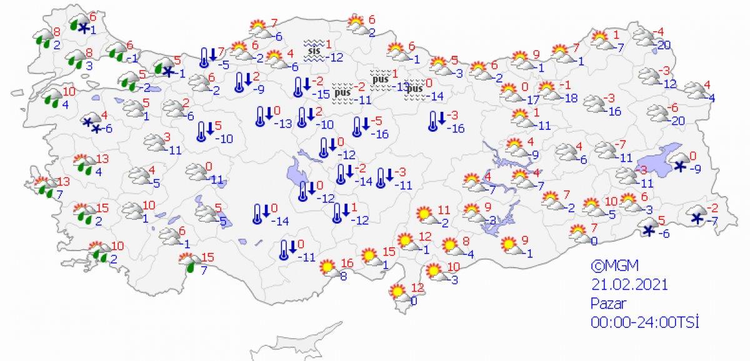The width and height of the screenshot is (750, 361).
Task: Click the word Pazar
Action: coord(607,303)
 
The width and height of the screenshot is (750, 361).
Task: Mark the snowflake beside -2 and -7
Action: coord(697,218)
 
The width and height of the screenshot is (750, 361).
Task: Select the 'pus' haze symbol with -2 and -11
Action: coord(341,92)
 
